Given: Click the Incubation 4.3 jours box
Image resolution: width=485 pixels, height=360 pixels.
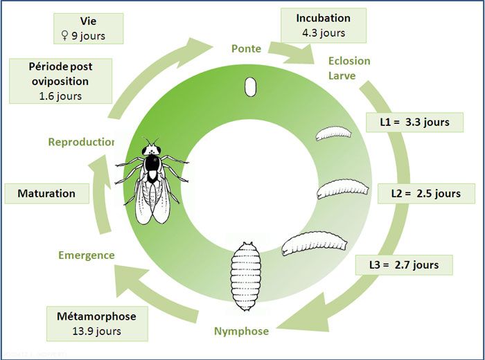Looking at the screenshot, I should point(323,25).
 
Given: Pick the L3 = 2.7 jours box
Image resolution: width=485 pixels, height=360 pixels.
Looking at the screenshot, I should point(405,264).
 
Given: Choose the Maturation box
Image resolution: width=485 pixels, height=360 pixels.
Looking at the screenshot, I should point(46,193).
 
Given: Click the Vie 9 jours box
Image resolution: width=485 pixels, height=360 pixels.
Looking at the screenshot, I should point(88,28).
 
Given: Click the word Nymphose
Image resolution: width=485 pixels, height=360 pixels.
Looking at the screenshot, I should point(240,331).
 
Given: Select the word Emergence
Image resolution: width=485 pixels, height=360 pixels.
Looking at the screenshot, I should point(87,255).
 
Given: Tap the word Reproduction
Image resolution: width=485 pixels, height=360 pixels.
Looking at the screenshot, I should point(81,142).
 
